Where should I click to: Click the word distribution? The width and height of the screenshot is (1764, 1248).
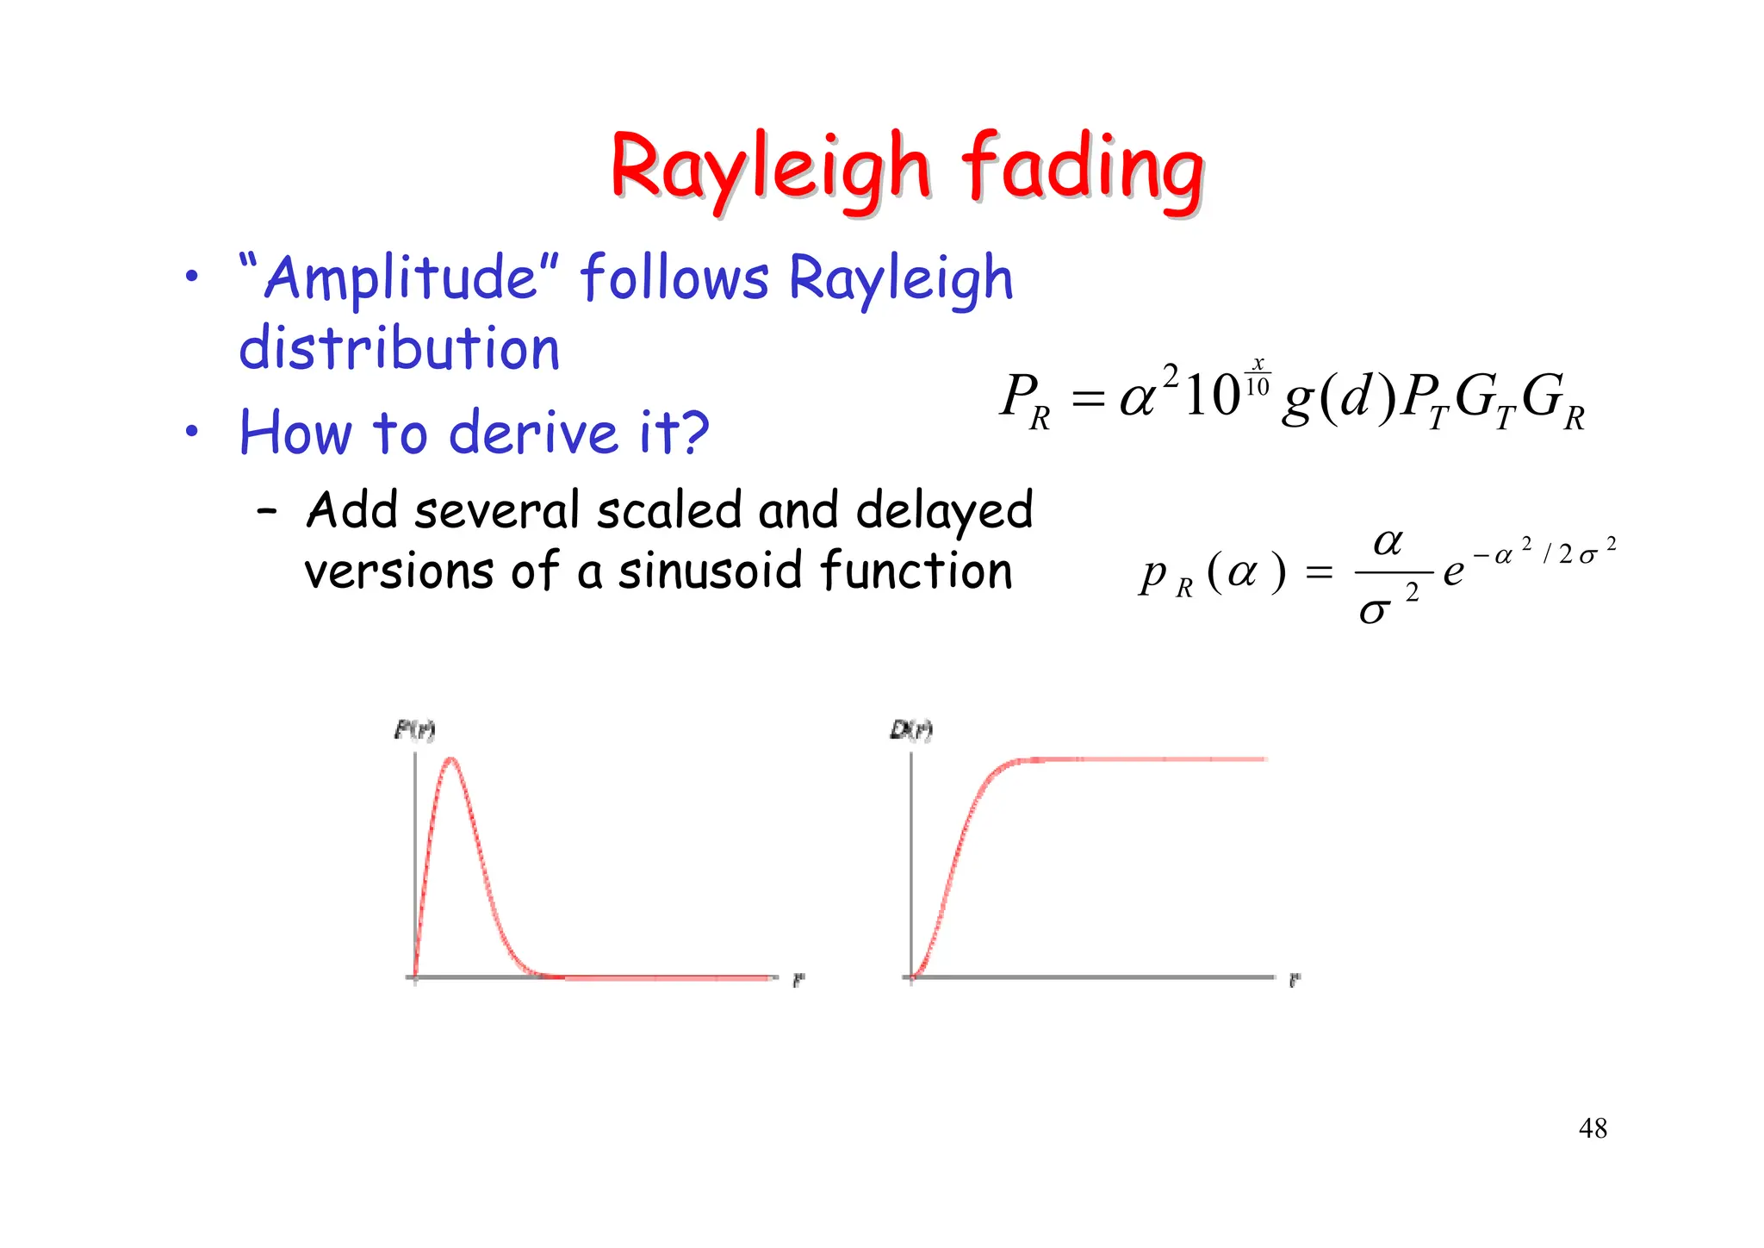(399, 348)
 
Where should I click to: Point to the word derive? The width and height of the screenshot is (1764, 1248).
(533, 432)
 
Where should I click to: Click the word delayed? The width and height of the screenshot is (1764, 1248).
(944, 510)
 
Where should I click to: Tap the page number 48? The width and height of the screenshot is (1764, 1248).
(1593, 1127)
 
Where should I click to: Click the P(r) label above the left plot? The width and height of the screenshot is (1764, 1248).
(414, 730)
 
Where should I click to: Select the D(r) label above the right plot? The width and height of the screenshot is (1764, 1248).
(910, 730)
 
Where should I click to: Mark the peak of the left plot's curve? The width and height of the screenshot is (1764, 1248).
(450, 759)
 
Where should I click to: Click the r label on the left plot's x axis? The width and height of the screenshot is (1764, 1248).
(798, 980)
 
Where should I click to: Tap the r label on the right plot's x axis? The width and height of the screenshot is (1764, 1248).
(1294, 980)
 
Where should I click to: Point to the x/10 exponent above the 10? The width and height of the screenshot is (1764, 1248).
(1258, 377)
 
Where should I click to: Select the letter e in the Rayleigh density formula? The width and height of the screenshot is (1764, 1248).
(1453, 571)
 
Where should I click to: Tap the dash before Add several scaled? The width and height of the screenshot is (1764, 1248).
(267, 510)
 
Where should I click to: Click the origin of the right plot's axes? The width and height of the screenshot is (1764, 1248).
(911, 977)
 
